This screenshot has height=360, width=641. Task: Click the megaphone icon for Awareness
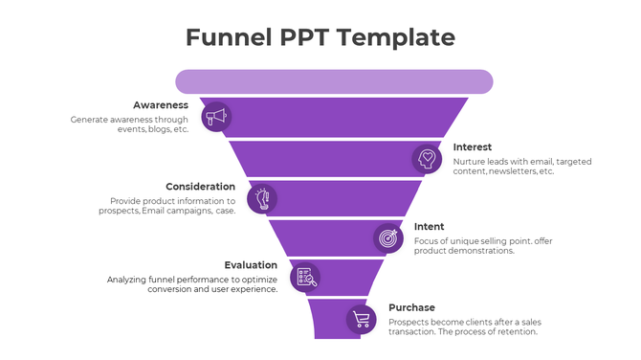coord(216,117)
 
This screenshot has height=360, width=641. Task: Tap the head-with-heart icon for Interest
coord(427,158)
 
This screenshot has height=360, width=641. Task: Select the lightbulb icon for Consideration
coord(262,198)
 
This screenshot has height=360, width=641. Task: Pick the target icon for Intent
coord(388,236)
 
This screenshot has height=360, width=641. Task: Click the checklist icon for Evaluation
coord(305,277)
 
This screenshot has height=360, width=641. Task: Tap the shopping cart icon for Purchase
coord(361,319)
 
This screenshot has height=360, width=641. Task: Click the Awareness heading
coord(161,104)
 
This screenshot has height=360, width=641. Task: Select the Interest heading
coord(473,147)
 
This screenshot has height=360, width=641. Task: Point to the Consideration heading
coord(200,187)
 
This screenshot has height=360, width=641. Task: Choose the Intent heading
coord(429,227)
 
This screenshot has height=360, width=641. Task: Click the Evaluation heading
coord(251,265)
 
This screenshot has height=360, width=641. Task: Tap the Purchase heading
coord(411,307)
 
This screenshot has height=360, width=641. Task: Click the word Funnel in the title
coord(225,37)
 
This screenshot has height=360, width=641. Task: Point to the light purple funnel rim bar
coord(334,81)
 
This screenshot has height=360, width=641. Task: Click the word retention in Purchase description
coord(517,332)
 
